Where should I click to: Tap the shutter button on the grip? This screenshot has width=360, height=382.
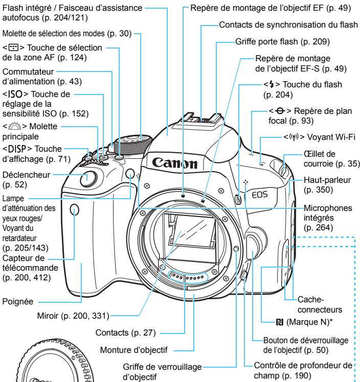88,193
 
